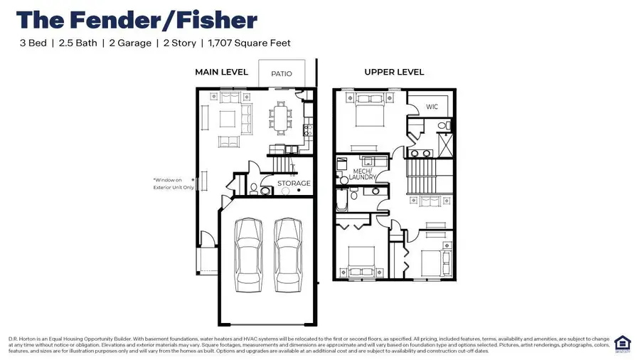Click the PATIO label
click(x=282, y=73)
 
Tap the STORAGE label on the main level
click(x=294, y=184)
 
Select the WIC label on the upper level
click(x=432, y=107)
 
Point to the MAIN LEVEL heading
click(x=221, y=72)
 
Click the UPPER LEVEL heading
click(x=394, y=72)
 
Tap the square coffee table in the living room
click(x=228, y=117)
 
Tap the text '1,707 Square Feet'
click(x=249, y=43)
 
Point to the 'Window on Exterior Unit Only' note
click(x=173, y=184)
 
